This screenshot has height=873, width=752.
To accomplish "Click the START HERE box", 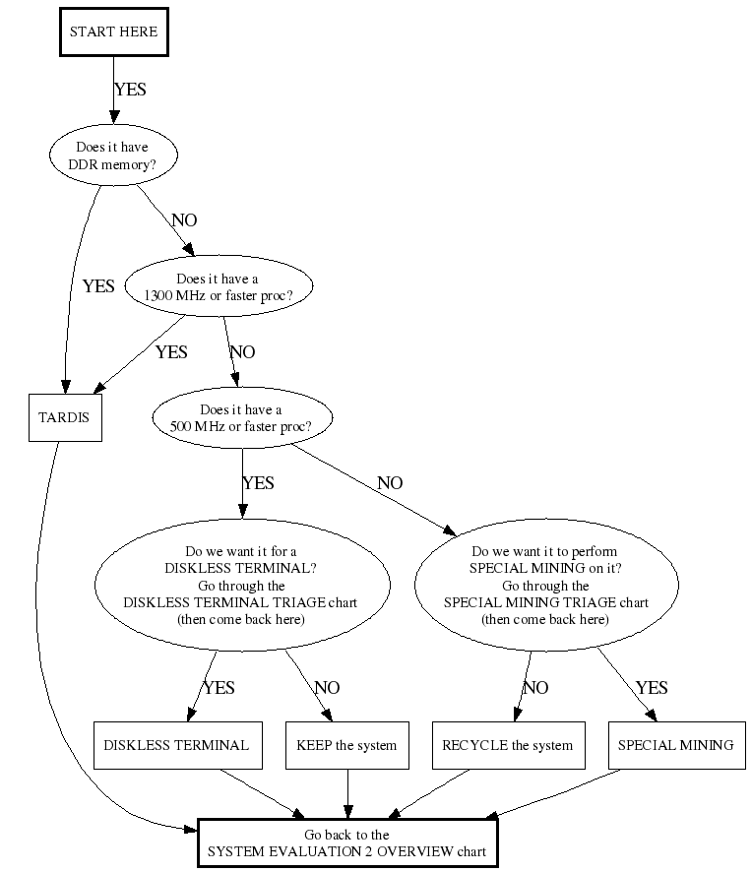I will pos(113,31).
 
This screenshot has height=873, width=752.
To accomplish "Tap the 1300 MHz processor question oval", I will pos(217,286).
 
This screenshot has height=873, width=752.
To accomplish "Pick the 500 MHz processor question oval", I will pos(241,418).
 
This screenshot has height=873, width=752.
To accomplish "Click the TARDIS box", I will pos(64,417).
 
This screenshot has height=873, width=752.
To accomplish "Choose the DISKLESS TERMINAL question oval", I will pos(240,586).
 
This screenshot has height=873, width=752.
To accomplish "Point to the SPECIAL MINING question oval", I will pos(545,586).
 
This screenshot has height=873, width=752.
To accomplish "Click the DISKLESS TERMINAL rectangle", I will pos(176,745).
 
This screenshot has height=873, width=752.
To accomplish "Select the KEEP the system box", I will pos(346,745).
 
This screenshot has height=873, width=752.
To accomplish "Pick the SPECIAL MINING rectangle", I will pos(675,745).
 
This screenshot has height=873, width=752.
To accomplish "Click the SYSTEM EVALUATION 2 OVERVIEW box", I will pos(346,842).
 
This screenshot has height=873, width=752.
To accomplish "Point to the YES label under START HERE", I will pos(130,90).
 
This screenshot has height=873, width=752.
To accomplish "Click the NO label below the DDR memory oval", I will pos(184,219).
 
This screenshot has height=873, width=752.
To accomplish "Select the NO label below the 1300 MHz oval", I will pos(242,351).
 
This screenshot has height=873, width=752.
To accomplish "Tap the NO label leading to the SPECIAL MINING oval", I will pos(390,483).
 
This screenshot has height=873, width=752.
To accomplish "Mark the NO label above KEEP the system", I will pos(327,688).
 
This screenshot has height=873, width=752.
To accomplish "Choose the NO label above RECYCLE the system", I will pos(535,688).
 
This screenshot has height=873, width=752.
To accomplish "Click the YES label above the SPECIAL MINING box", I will pos(652,688).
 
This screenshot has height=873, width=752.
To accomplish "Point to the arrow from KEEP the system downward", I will pos(346,793).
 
